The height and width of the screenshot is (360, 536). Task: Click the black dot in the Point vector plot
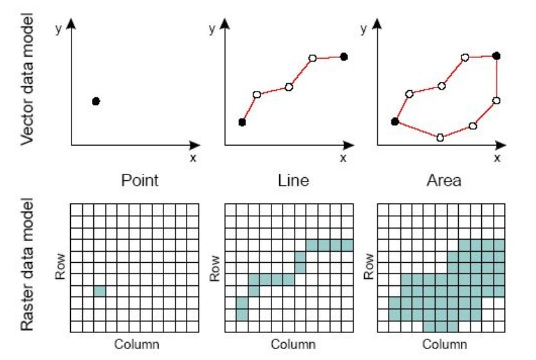[x=96, y=101]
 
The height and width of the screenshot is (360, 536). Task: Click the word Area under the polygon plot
[x=443, y=181]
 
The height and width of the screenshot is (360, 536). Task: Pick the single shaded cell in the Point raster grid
[x=100, y=291]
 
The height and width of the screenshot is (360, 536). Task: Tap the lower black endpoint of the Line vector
[x=242, y=122]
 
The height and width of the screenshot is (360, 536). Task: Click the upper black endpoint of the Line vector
[x=344, y=57]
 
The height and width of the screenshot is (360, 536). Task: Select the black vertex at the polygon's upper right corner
[x=496, y=56]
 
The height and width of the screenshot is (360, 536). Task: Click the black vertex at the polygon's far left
[x=394, y=121]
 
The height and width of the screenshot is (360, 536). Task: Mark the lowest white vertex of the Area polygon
[x=440, y=137]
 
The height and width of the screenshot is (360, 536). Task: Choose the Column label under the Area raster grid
[x=443, y=344]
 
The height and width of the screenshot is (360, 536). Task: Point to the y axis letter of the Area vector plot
[x=364, y=29]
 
